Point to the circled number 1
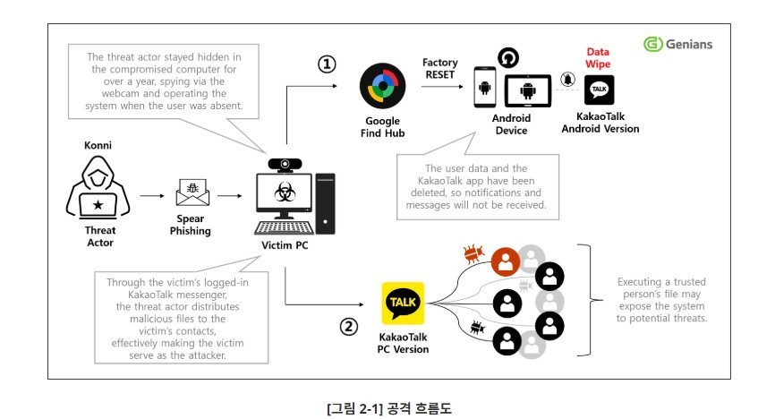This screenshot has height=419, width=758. [327, 64]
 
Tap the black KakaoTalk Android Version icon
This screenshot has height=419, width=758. [600, 91]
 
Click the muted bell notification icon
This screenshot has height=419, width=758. [567, 81]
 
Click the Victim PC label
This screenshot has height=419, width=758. [285, 244]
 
